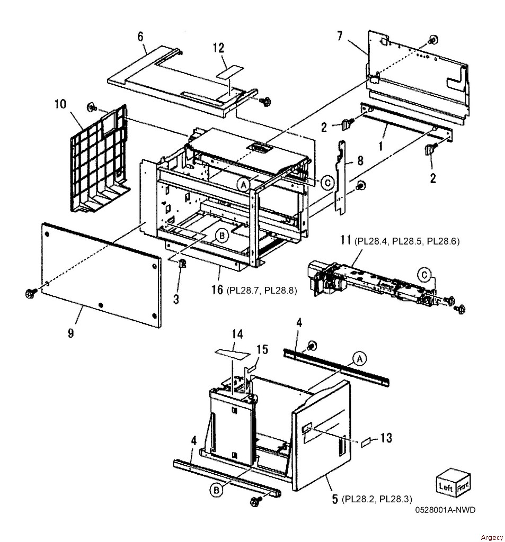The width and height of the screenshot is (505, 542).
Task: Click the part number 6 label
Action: (140, 37)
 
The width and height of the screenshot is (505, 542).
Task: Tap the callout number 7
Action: (340, 35)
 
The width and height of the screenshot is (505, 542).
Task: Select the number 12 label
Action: (218, 48)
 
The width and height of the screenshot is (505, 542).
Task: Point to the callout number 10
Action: (60, 104)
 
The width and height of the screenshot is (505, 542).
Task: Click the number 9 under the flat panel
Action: (71, 333)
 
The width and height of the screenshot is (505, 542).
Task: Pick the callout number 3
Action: (176, 299)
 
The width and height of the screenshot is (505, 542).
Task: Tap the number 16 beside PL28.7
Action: (217, 290)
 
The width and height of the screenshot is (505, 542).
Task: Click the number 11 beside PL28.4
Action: (345, 239)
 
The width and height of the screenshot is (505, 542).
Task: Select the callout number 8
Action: (360, 160)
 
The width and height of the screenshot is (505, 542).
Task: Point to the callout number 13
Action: (386, 438)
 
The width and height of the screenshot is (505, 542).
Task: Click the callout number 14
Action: (237, 335)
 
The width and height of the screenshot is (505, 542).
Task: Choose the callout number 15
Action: (262, 349)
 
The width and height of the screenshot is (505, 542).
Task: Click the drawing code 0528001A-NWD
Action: (446, 510)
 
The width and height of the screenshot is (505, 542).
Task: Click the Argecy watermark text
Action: (492, 537)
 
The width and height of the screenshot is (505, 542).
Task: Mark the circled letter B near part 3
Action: (222, 236)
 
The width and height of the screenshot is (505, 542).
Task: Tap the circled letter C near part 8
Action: (327, 183)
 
